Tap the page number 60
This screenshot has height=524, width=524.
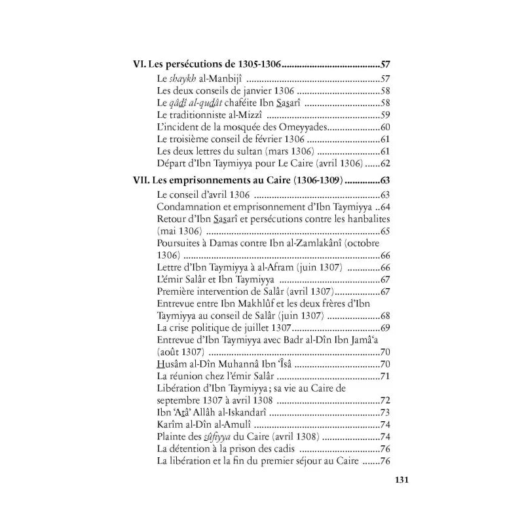[x=385, y=127]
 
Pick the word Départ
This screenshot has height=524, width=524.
[x=172, y=164]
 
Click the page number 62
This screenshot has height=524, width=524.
[x=385, y=164]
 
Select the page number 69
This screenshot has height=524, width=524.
[x=385, y=327]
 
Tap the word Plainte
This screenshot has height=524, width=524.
[x=174, y=436]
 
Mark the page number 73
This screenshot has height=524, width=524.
[x=385, y=412]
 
